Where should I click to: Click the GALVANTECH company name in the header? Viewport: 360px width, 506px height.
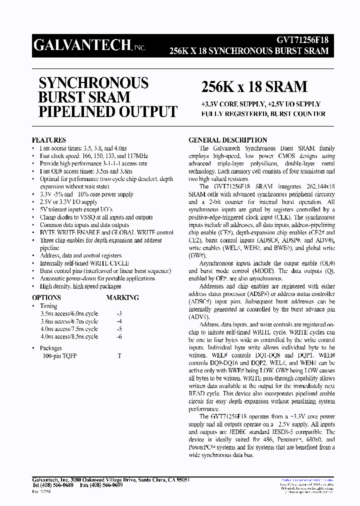pos(82,45)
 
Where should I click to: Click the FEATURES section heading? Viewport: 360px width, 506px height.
pos(49,140)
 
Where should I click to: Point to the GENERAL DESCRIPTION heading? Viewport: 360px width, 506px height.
pos(227,140)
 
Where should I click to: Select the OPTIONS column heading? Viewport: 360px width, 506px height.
pos(46,297)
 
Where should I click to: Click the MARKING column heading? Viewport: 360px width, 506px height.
pos(122,297)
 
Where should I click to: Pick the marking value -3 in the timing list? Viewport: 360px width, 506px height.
pos(118,313)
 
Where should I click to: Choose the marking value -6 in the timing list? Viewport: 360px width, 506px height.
pos(118,336)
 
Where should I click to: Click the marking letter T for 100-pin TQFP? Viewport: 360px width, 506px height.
pos(119,355)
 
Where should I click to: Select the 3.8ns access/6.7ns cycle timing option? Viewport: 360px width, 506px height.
pos(69,321)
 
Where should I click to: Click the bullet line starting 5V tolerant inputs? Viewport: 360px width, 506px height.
pos(76,209)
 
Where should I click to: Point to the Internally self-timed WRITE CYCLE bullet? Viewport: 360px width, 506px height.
pos(84,263)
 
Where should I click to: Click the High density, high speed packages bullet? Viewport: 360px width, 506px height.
pos(80,286)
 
